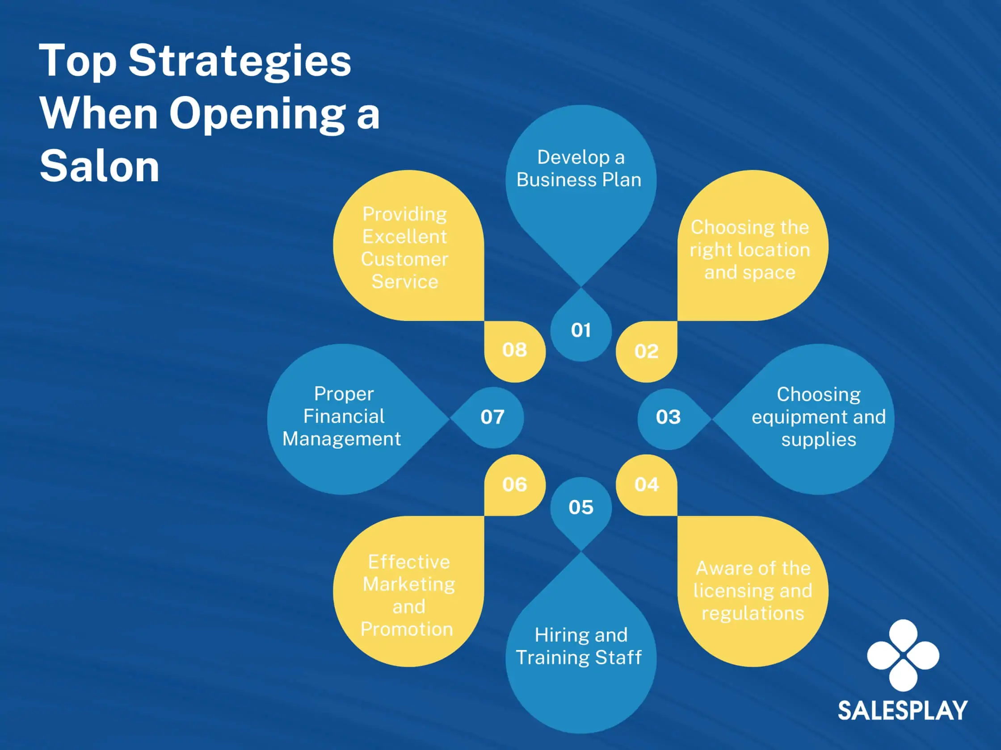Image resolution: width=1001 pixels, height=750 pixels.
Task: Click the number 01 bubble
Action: pyautogui.click(x=580, y=330)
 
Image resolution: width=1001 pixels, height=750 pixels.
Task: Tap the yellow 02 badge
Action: pyautogui.click(x=646, y=352)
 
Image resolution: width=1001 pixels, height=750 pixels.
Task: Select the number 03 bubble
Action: pyautogui.click(x=669, y=417)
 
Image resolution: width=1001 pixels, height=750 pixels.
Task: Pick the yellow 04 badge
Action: pyautogui.click(x=647, y=485)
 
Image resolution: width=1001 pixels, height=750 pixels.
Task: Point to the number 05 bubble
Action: pyautogui.click(x=580, y=507)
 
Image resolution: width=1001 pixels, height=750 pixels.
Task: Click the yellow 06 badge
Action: pyautogui.click(x=514, y=485)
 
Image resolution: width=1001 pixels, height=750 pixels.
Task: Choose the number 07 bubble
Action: pyautogui.click(x=492, y=417)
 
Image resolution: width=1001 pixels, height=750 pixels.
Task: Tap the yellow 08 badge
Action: pyautogui.click(x=514, y=350)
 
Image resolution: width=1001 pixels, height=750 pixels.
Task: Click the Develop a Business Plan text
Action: pyautogui.click(x=579, y=169)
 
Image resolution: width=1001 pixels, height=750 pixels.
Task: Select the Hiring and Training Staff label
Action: pyautogui.click(x=579, y=646)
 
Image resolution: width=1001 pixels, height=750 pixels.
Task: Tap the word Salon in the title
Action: pyautogui.click(x=100, y=167)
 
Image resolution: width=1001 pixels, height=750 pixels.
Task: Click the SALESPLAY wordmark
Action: pyautogui.click(x=902, y=710)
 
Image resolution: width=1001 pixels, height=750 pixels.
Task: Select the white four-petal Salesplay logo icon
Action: pyautogui.click(x=903, y=655)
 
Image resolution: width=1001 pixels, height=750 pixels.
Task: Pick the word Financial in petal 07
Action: pyautogui.click(x=344, y=417)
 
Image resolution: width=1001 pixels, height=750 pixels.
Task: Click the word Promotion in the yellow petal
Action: pyautogui.click(x=407, y=629)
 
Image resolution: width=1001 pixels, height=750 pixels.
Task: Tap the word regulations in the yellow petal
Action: pyautogui.click(x=753, y=613)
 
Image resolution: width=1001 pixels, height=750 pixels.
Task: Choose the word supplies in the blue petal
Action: pyautogui.click(x=819, y=439)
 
